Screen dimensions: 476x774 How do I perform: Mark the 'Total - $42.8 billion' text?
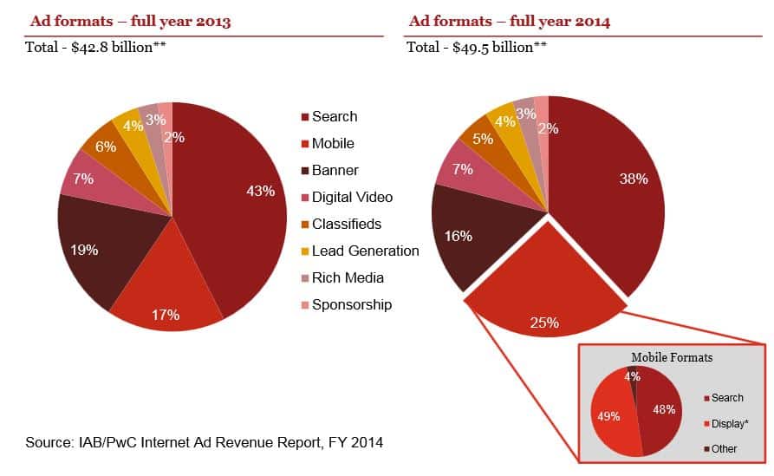(x=96, y=47)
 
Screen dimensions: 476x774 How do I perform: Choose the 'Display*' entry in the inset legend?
(x=728, y=423)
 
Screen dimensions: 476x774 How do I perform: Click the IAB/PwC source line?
(x=204, y=443)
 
